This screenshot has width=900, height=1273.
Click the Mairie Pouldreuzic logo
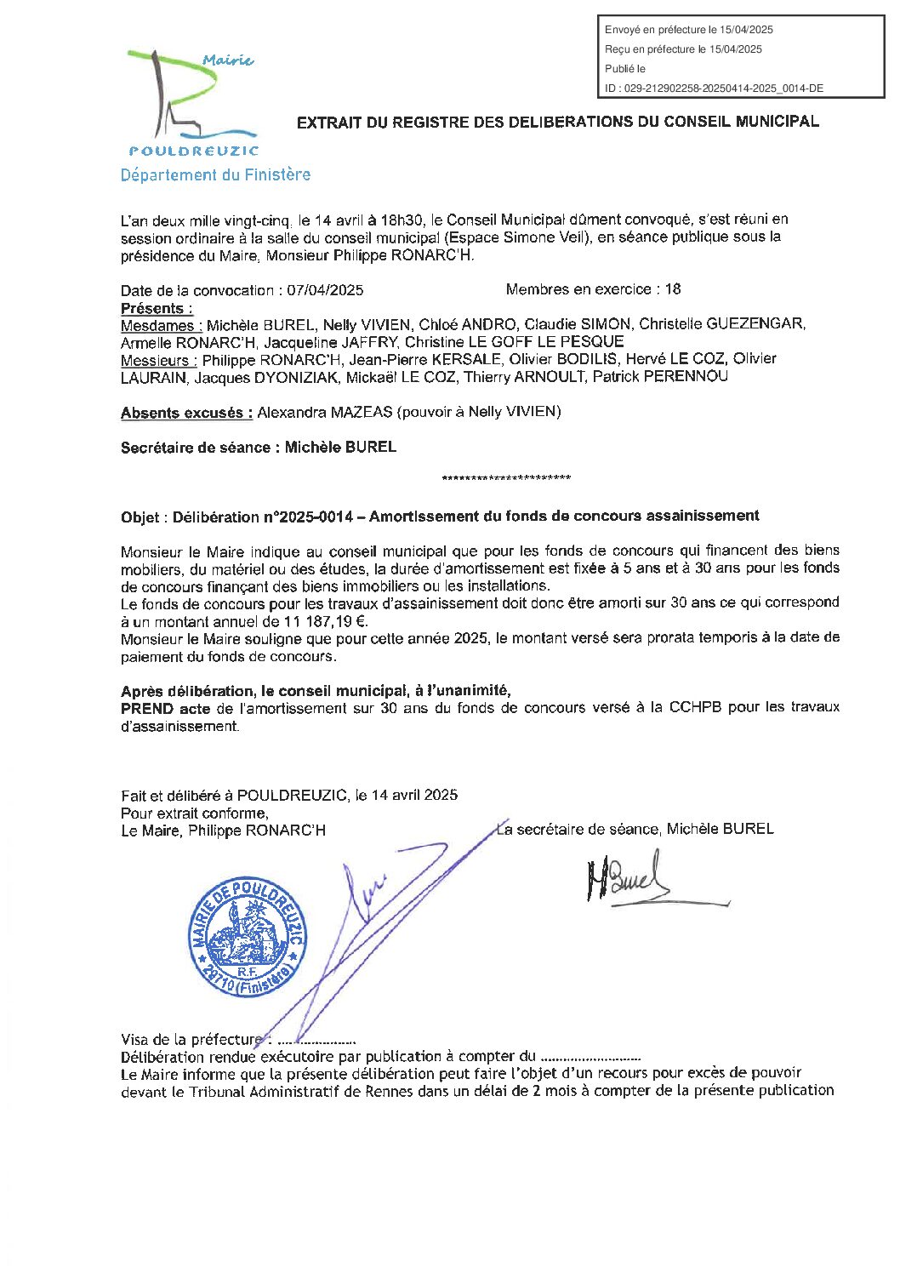coord(192,103)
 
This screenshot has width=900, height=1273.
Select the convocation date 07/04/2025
coord(325,290)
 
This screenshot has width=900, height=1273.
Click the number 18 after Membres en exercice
coord(673,289)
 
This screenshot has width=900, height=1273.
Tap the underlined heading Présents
coord(157,308)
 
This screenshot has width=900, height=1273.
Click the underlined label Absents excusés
coord(186,413)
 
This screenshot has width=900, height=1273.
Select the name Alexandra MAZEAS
coord(325,412)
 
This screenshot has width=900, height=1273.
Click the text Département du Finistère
coord(215,175)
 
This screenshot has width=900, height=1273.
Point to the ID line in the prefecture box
coord(714,88)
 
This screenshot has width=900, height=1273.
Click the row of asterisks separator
coord(506,479)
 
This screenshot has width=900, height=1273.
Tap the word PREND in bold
coord(147,708)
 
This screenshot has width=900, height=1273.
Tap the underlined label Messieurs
coord(159,360)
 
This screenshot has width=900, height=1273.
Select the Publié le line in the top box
coord(625,69)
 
